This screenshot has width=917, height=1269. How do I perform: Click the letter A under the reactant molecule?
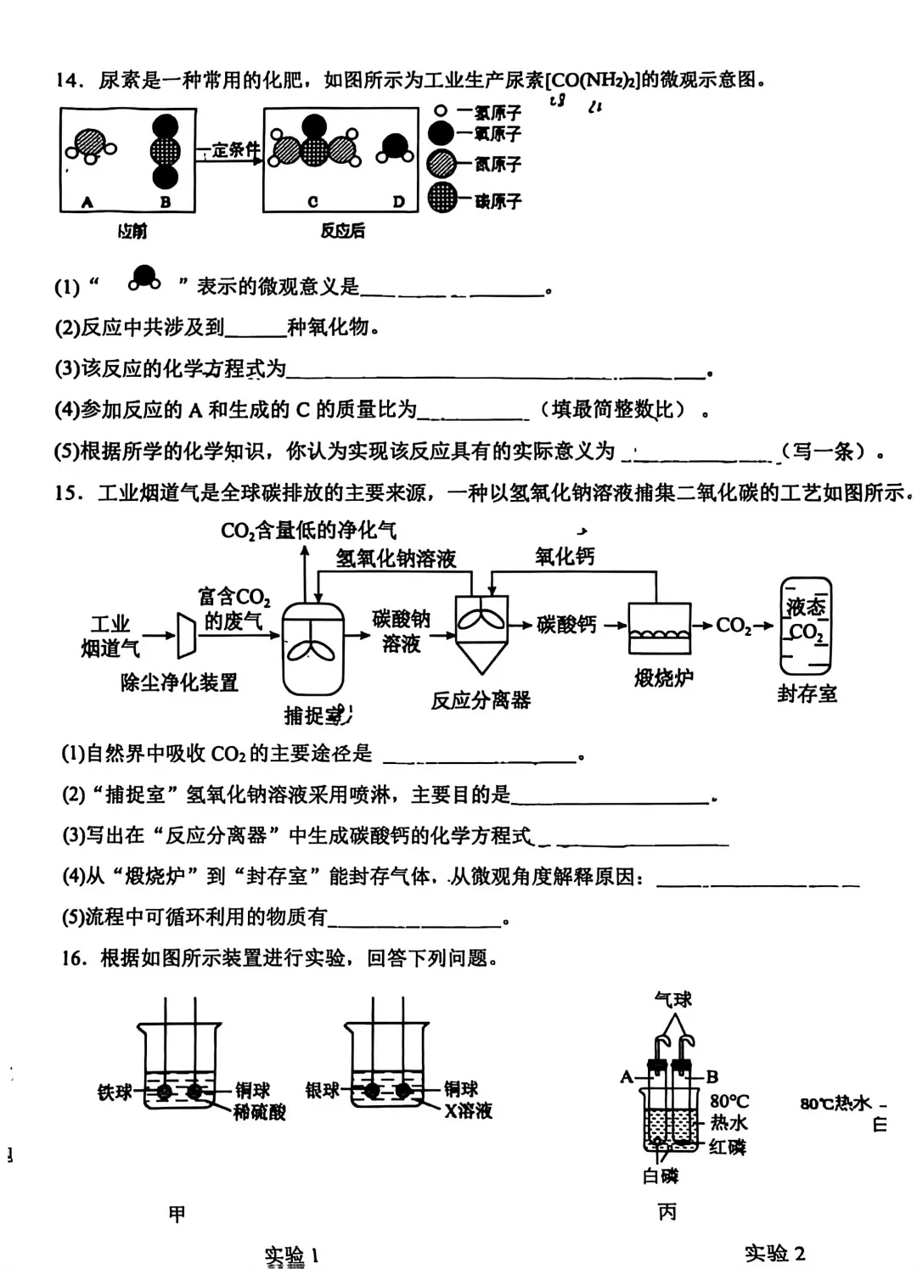[x=87, y=202]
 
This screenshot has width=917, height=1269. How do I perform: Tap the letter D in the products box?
[x=398, y=202]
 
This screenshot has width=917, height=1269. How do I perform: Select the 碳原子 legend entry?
[x=498, y=201]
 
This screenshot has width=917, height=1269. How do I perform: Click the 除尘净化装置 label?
[x=179, y=682]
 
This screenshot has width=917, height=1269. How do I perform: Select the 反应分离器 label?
[x=481, y=700]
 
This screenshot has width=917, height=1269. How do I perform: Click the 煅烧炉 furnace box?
[x=660, y=628]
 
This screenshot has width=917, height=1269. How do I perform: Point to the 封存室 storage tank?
[x=807, y=627]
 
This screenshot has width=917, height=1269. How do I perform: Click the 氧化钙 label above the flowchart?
[x=565, y=557]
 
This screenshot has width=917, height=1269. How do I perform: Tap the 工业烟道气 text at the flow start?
[x=110, y=637]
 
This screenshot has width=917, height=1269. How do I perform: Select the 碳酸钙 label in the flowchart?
[x=566, y=626]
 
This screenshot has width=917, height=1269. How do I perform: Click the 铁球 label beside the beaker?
[x=115, y=1092]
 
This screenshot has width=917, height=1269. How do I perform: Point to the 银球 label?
[x=323, y=1090]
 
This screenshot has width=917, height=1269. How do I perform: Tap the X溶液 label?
[x=468, y=1111]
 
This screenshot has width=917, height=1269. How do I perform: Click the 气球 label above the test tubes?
[x=673, y=1000]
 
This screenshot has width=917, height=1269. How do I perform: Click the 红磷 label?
[x=728, y=1148]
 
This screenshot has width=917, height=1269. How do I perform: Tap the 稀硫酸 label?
[x=260, y=1111]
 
